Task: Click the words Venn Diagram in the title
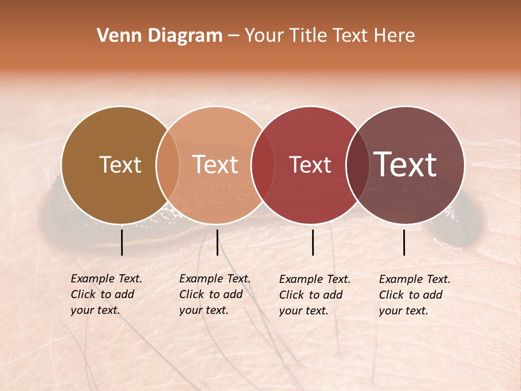pyautogui.click(x=160, y=36)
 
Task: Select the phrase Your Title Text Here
pyautogui.click(x=329, y=36)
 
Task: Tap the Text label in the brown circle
pyautogui.click(x=120, y=165)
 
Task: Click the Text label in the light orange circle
pyautogui.click(x=215, y=165)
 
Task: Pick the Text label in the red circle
pyautogui.click(x=310, y=165)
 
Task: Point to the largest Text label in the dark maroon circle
pyautogui.click(x=405, y=164)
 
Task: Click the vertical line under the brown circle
pyautogui.click(x=122, y=242)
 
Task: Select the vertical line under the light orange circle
pyautogui.click(x=217, y=242)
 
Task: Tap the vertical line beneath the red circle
pyautogui.click(x=313, y=242)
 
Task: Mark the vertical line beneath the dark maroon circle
pyautogui.click(x=404, y=242)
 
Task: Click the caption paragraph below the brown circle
pyautogui.click(x=106, y=294)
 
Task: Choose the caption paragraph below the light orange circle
pyautogui.click(x=214, y=294)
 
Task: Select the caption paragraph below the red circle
pyautogui.click(x=314, y=295)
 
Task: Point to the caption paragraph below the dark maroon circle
pyautogui.click(x=414, y=295)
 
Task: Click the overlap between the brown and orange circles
pyautogui.click(x=168, y=165)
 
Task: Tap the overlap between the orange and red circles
pyautogui.click(x=262, y=165)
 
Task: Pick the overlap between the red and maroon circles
pyautogui.click(x=357, y=165)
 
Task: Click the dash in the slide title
pyautogui.click(x=233, y=36)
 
